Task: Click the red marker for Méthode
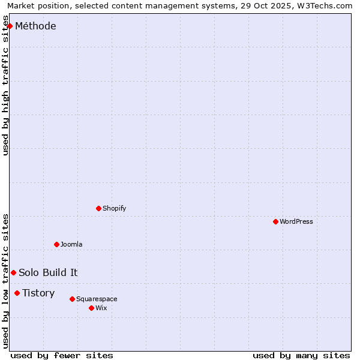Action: [x=10, y=26]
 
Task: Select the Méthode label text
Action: [x=35, y=26]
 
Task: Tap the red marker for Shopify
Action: [x=98, y=208]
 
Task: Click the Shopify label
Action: [x=114, y=208]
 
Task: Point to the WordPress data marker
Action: [x=275, y=221]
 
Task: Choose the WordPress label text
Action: [x=296, y=221]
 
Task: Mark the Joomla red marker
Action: [x=56, y=244]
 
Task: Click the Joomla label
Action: [x=71, y=244]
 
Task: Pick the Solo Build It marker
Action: [x=13, y=272]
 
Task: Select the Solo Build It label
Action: [x=48, y=272]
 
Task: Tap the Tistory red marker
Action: [x=17, y=293]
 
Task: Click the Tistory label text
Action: [x=38, y=293]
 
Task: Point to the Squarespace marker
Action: [x=72, y=299]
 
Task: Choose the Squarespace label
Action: [x=97, y=299]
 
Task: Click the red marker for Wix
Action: [x=91, y=308]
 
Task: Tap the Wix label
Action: [x=101, y=308]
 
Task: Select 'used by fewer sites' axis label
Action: [x=62, y=355]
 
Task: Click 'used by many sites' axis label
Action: [x=301, y=355]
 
